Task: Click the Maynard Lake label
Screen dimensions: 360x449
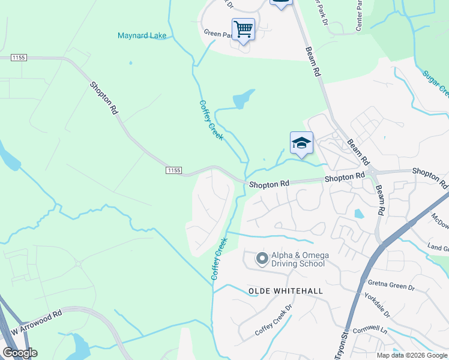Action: tap(142, 35)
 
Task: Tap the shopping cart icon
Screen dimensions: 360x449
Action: tap(243, 28)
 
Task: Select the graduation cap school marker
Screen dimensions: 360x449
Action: tap(301, 143)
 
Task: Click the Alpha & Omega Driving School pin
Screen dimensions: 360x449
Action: tap(262, 259)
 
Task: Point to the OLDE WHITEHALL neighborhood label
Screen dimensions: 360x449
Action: tap(286, 291)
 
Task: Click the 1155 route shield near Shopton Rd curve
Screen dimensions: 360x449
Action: tap(173, 170)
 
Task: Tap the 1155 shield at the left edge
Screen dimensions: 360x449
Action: tap(19, 57)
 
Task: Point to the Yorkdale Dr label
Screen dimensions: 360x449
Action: tap(376, 305)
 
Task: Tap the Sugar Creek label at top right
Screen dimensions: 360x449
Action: tap(435, 83)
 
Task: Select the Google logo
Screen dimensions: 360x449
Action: tap(20, 353)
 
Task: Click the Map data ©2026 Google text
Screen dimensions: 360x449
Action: tap(411, 355)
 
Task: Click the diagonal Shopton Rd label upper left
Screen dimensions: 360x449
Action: tap(104, 98)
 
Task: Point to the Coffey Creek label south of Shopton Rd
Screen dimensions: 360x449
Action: tap(219, 259)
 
